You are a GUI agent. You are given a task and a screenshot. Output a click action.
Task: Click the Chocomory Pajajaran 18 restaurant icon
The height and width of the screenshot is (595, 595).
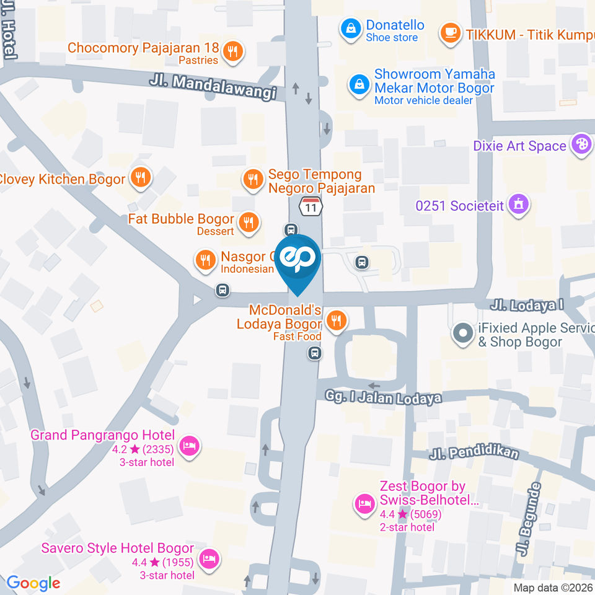tap(233, 52)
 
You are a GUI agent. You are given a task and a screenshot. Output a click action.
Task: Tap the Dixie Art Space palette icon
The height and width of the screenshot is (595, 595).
tap(581, 146)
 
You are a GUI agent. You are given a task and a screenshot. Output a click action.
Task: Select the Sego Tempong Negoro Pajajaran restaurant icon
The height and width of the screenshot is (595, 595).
tap(252, 180)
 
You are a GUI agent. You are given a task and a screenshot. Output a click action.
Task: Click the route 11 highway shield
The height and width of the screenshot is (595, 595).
tap(311, 207)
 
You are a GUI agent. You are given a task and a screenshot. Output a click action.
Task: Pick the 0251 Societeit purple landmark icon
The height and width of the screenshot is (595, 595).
tap(518, 205)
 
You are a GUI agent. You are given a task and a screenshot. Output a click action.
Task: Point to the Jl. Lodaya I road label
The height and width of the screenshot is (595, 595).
tap(526, 305)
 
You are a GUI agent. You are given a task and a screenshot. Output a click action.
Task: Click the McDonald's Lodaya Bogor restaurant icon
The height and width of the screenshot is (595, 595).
tap(337, 321)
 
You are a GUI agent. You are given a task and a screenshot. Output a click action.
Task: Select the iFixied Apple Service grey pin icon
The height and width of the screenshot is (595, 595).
tap(462, 334)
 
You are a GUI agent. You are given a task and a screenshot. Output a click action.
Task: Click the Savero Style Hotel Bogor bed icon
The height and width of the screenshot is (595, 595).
tap(209, 560)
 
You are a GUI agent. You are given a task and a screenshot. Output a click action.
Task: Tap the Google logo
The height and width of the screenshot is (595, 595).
tap(33, 583)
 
